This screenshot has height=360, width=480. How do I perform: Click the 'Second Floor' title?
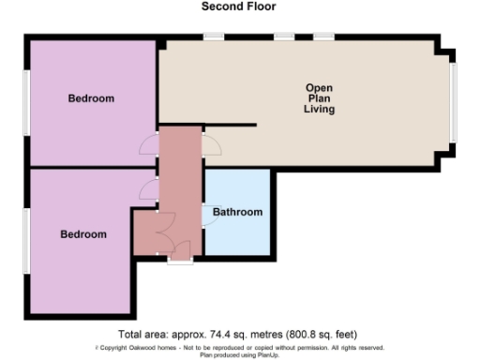point(239,7)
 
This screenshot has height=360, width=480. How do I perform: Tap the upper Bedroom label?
point(91,98)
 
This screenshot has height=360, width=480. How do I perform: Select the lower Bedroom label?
point(83,233)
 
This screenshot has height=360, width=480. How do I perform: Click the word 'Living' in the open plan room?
point(319,110)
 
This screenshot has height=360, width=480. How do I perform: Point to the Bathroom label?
point(237,212)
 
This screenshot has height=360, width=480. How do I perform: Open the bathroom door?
point(207,215)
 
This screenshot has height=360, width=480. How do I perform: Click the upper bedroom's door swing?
point(148,145)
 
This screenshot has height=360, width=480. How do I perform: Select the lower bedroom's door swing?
point(148,191)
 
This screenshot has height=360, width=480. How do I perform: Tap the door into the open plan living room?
point(212,143)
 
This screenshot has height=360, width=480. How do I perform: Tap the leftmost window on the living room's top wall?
point(214,37)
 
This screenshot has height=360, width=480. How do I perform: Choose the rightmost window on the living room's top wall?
point(323,37)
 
